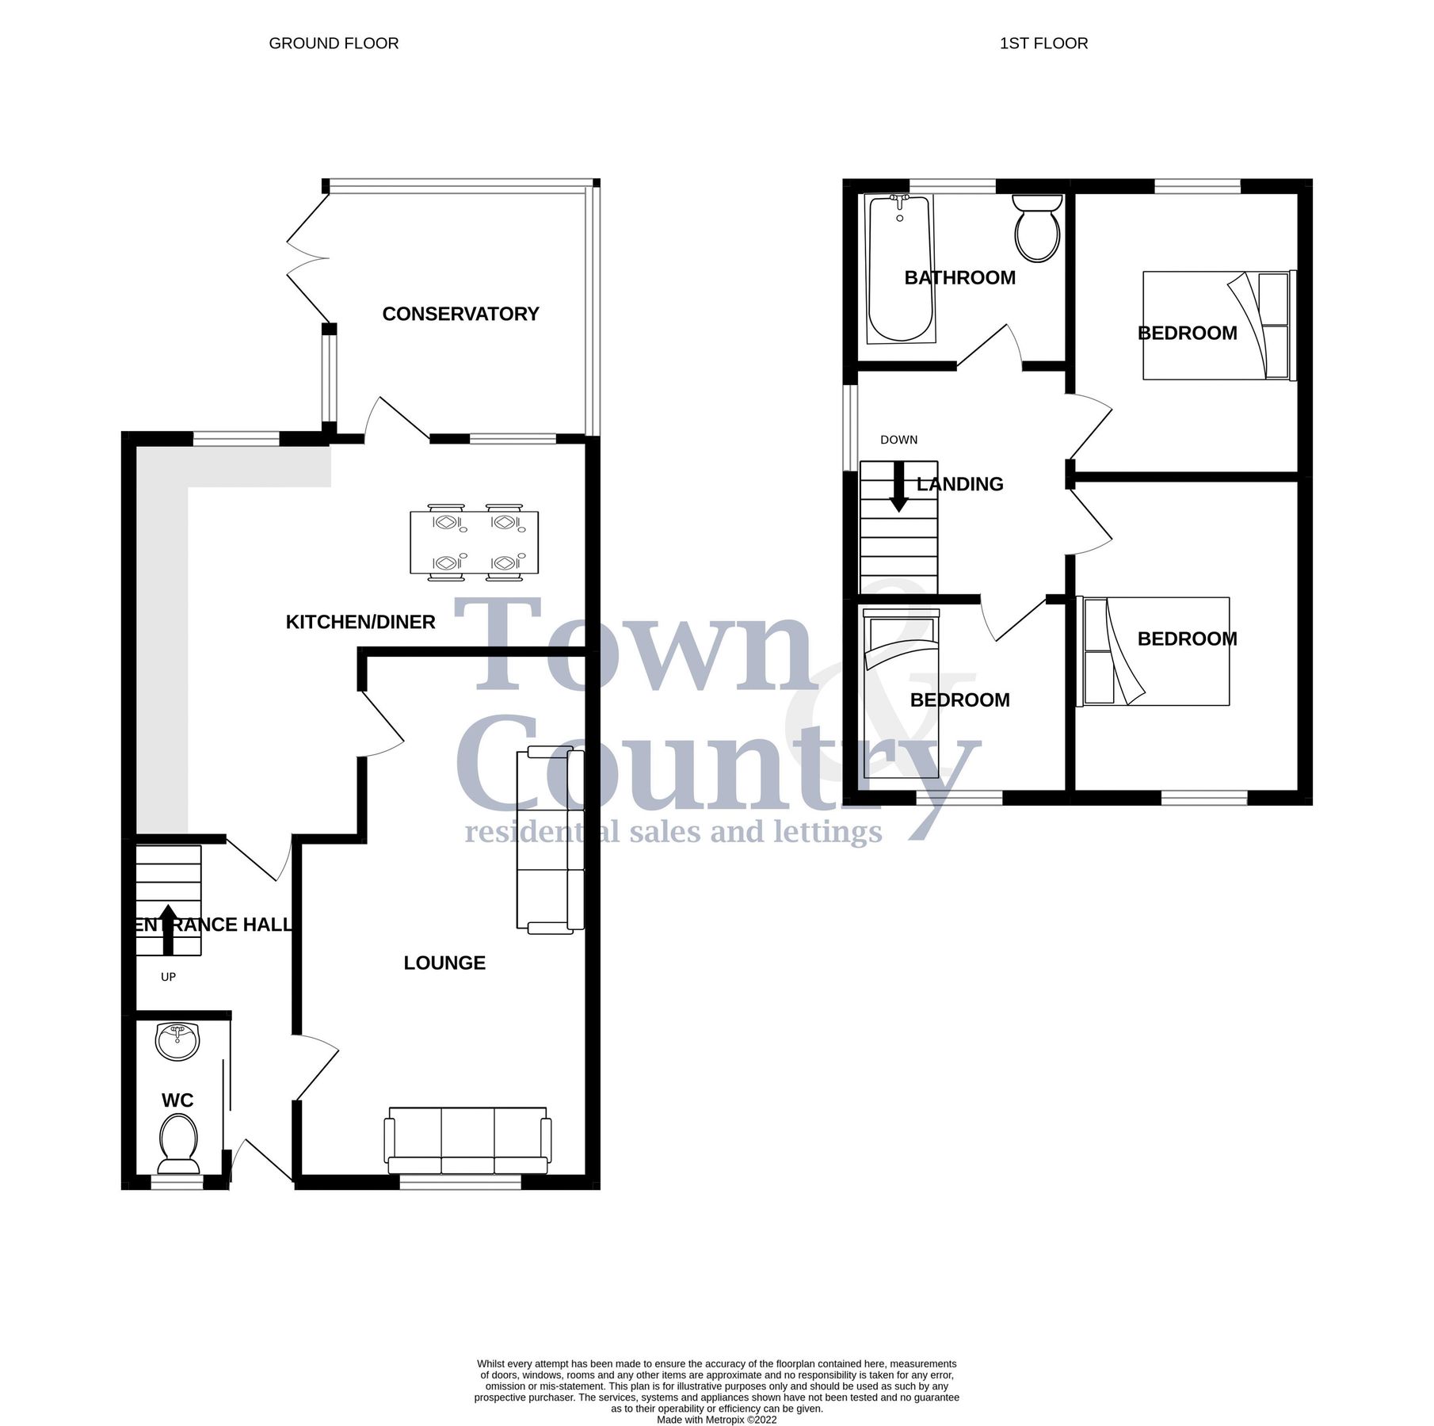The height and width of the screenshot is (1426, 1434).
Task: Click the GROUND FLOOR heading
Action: [x=334, y=44]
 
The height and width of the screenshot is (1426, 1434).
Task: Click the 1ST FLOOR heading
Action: [x=1043, y=44]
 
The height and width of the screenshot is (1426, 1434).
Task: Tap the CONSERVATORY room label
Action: [x=460, y=314]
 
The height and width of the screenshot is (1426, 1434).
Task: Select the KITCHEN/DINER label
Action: [x=360, y=622]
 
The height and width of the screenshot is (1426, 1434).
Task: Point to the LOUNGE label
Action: [x=444, y=963]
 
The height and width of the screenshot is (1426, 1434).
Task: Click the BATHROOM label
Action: [x=959, y=277]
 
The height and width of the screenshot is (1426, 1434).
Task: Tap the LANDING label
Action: [x=959, y=484]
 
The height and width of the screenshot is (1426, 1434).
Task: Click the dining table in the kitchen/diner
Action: [x=474, y=543]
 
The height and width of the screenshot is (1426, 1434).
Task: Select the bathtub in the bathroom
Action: [x=900, y=269]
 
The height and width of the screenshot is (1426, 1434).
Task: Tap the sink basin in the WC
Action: [x=177, y=1042]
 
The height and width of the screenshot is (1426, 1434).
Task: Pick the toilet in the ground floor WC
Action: [x=178, y=1143]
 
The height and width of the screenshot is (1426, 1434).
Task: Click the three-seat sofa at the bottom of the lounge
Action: [x=467, y=1141]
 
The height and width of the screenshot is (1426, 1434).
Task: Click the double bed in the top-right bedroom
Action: [x=1216, y=326]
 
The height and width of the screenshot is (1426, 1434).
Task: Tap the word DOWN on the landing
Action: [x=898, y=440]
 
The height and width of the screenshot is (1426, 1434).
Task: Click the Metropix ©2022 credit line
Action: [x=716, y=1420]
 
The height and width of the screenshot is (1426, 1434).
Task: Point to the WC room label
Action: [x=177, y=1100]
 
